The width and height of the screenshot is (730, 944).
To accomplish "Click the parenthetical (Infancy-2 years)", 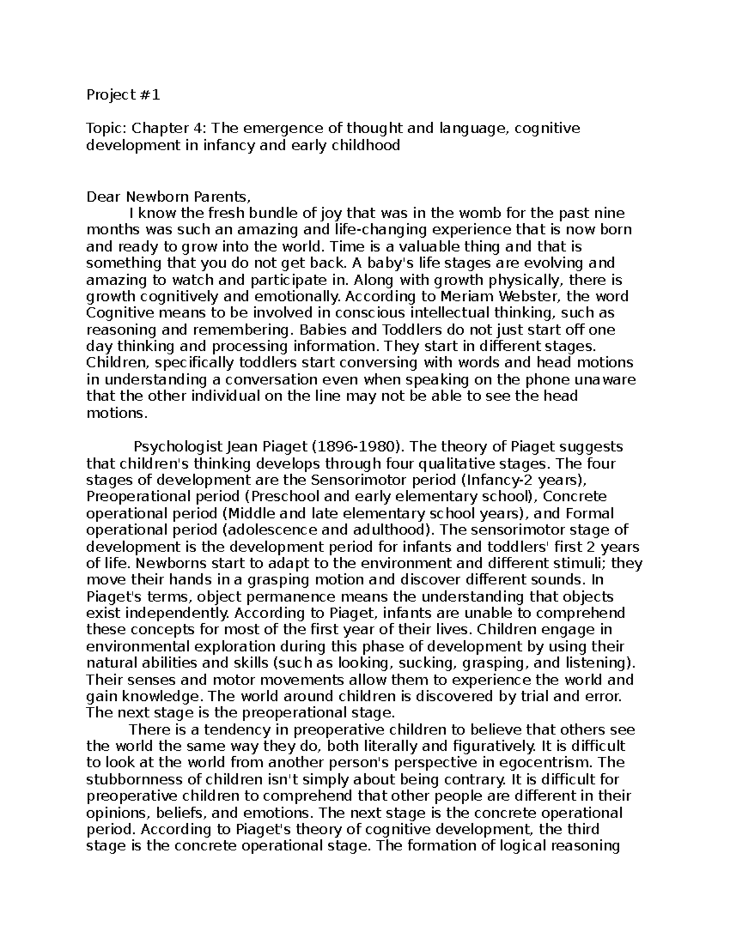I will click(524, 480).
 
